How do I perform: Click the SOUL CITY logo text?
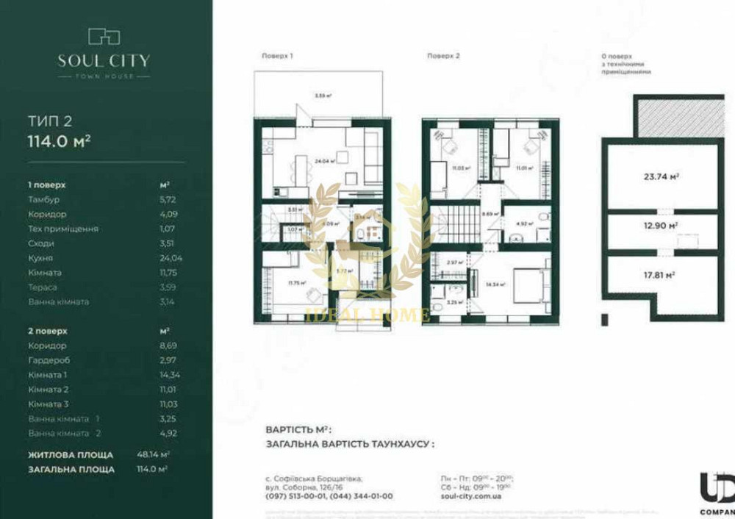point(104,60)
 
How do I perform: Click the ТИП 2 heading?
point(49,121)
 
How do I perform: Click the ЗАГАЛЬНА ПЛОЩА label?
point(71,469)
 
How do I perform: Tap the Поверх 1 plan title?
point(277,57)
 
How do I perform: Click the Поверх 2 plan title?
point(443,57)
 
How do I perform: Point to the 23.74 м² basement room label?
point(660,177)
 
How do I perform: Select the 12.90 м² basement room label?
point(660,226)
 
